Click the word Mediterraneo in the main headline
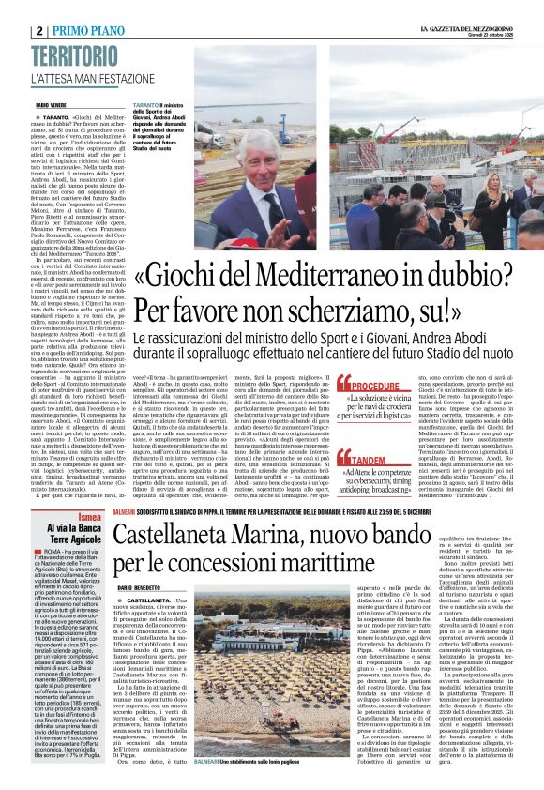coord(309,277)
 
